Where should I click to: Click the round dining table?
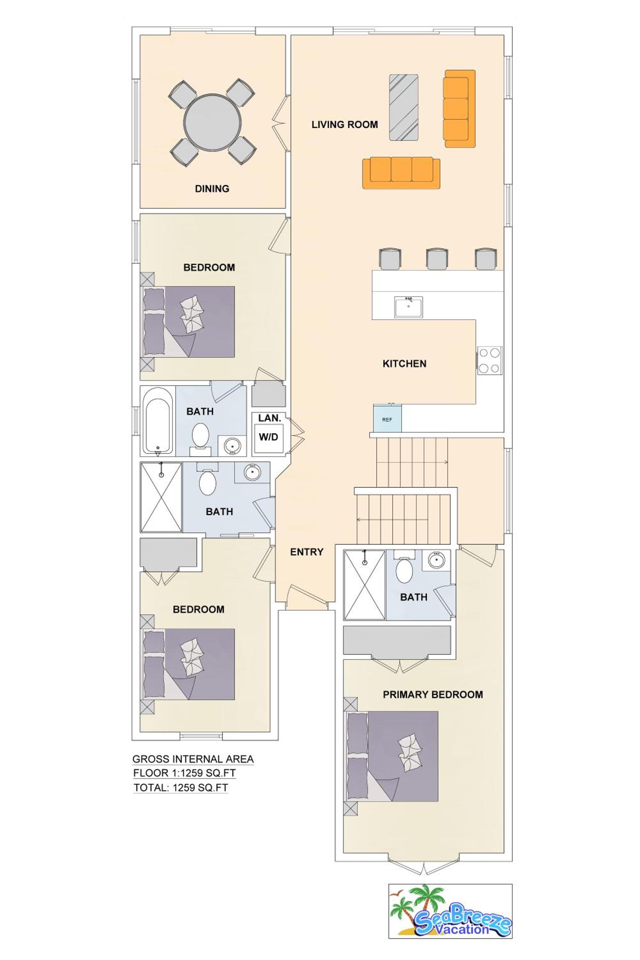(212, 123)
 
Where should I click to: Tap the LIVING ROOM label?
(345, 124)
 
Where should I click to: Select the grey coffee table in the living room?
(403, 107)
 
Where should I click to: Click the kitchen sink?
(408, 307)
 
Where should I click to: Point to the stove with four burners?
(489, 360)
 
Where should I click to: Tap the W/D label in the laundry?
(268, 437)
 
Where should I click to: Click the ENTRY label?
(307, 552)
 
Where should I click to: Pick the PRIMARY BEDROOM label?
(433, 694)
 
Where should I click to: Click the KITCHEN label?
(404, 364)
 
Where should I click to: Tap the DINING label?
(212, 188)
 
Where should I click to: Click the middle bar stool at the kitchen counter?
(437, 259)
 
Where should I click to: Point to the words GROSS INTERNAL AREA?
(193, 759)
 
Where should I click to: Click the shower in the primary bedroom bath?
(364, 585)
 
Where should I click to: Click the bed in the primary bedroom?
(392, 756)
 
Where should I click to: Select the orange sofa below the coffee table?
(401, 173)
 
